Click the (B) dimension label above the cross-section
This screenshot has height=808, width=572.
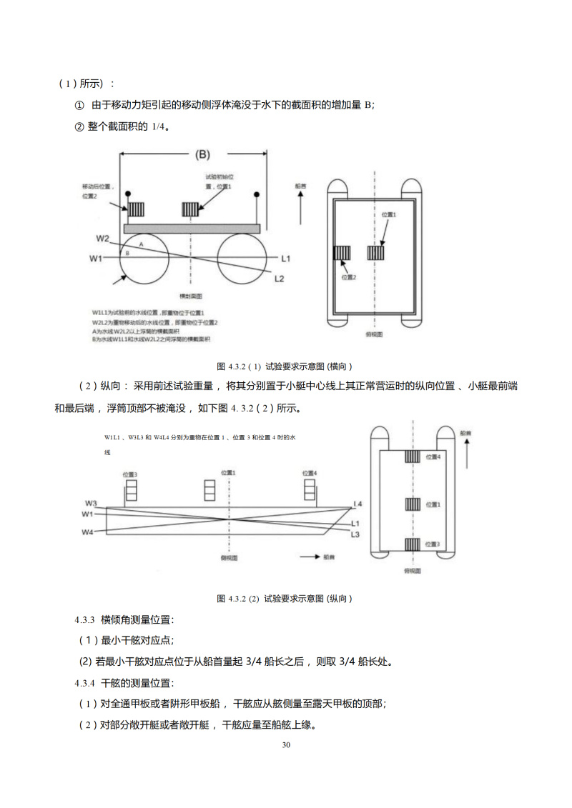click(203, 154)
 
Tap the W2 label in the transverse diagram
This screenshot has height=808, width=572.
click(103, 238)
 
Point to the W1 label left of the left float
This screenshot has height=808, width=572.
click(97, 257)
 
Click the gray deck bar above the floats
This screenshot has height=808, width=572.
click(191, 228)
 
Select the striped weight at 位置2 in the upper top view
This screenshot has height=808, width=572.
click(342, 254)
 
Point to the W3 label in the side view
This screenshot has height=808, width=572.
click(91, 502)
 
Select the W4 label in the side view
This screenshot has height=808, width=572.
click(88, 532)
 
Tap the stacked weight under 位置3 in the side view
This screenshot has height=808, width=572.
click(130, 490)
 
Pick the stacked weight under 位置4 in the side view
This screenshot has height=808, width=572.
click(309, 490)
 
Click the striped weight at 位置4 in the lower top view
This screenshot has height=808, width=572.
click(413, 457)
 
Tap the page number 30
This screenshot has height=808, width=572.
click(287, 745)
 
